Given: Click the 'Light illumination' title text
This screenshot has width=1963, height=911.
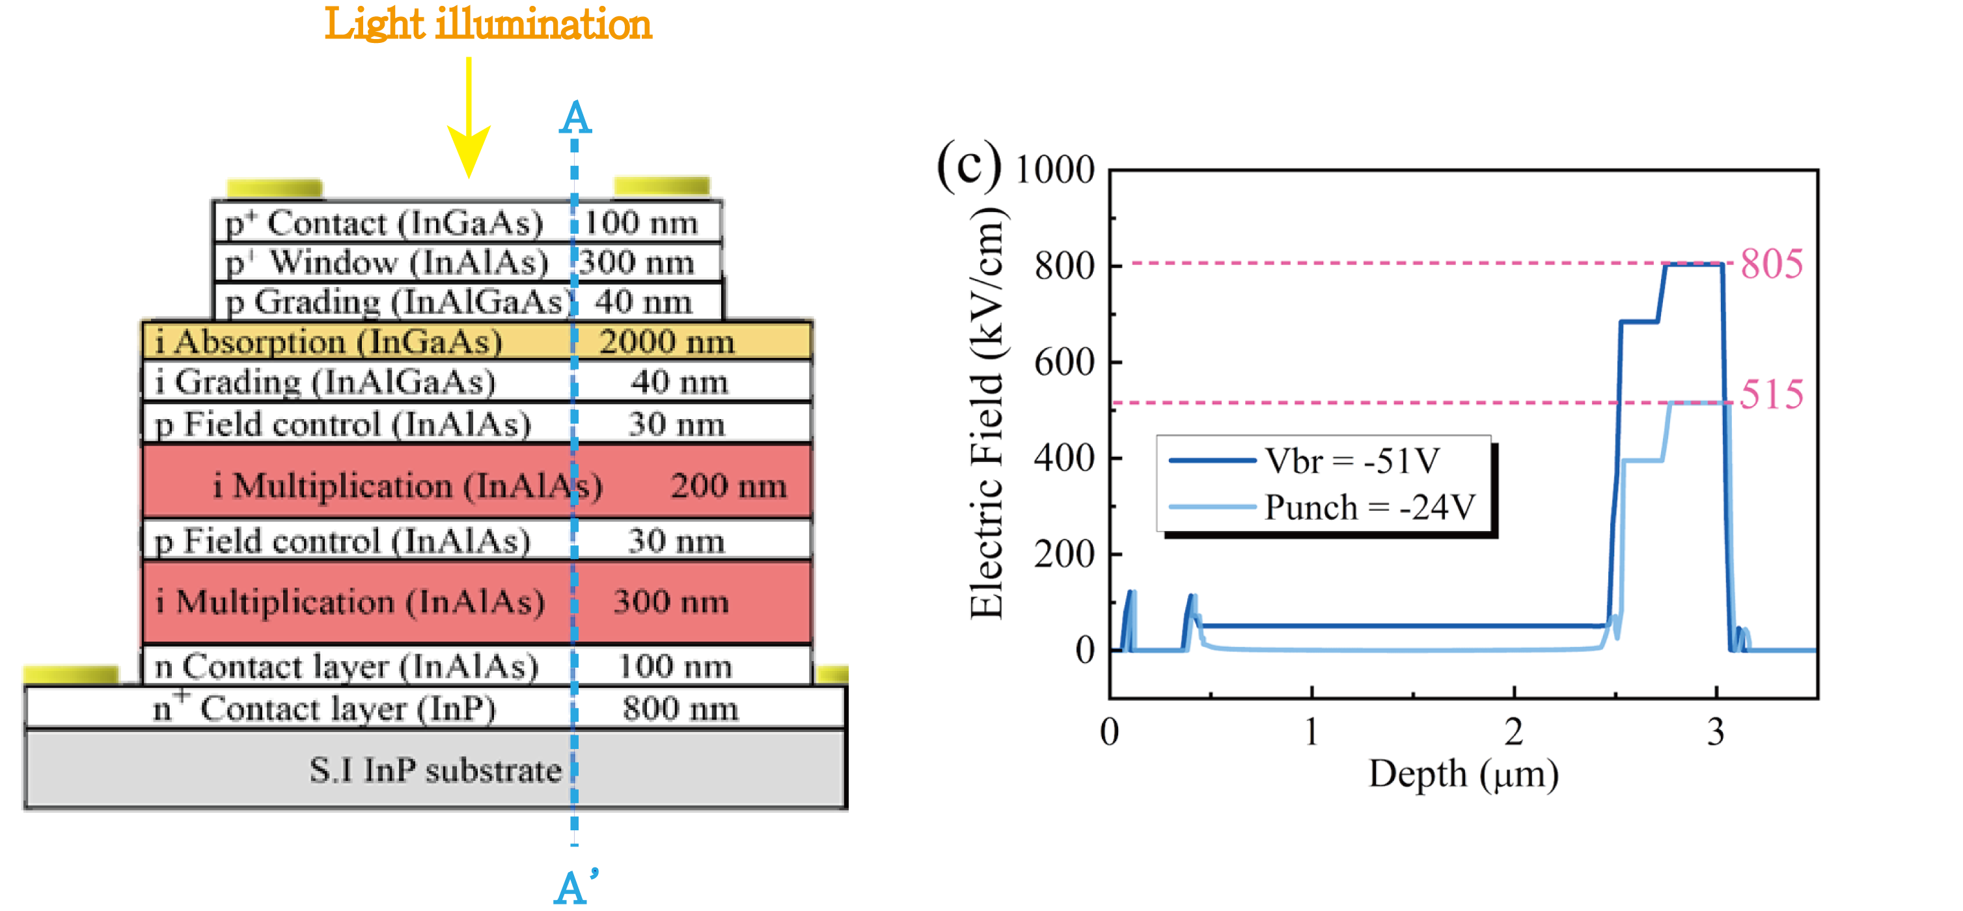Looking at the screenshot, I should pos(487,24).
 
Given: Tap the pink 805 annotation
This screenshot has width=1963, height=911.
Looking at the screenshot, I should pos(1772,264).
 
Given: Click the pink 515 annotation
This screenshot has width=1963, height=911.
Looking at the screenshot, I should pos(1772,394).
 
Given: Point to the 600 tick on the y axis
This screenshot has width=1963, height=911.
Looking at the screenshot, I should pos(1064,362).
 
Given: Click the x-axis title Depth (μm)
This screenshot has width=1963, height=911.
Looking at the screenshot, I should pos(1463,774).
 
